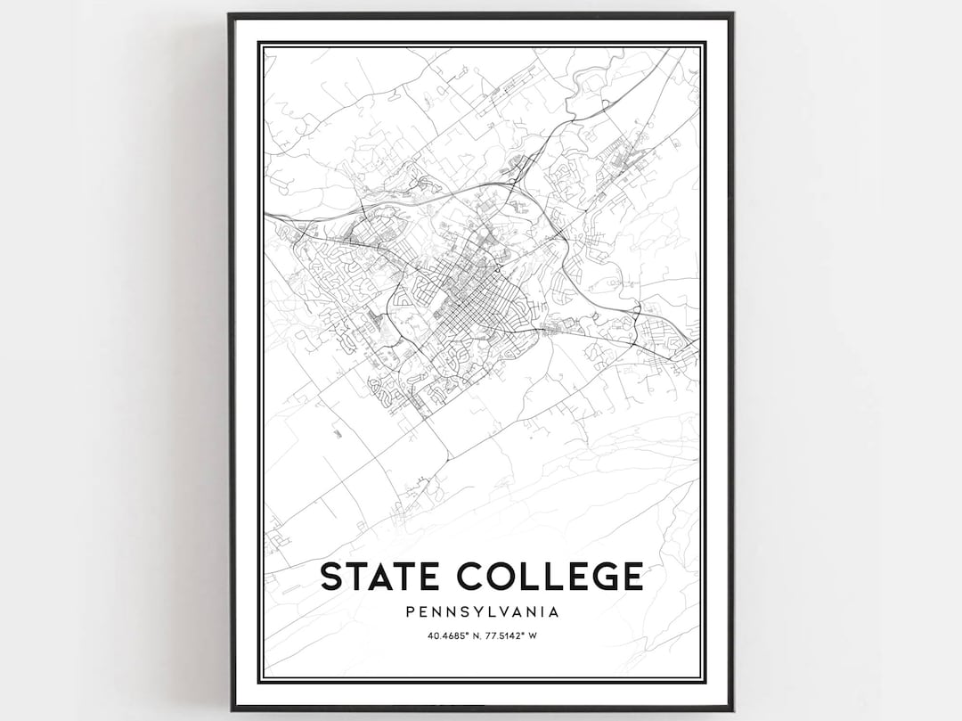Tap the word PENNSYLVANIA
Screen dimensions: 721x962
(x=481, y=612)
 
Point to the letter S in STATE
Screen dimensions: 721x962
(x=330, y=577)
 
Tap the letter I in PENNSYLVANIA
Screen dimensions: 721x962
(x=540, y=612)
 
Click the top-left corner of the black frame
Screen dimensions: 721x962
(x=230, y=14)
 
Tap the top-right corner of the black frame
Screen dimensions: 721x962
(x=732, y=14)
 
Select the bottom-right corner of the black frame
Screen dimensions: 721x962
(x=732, y=709)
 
